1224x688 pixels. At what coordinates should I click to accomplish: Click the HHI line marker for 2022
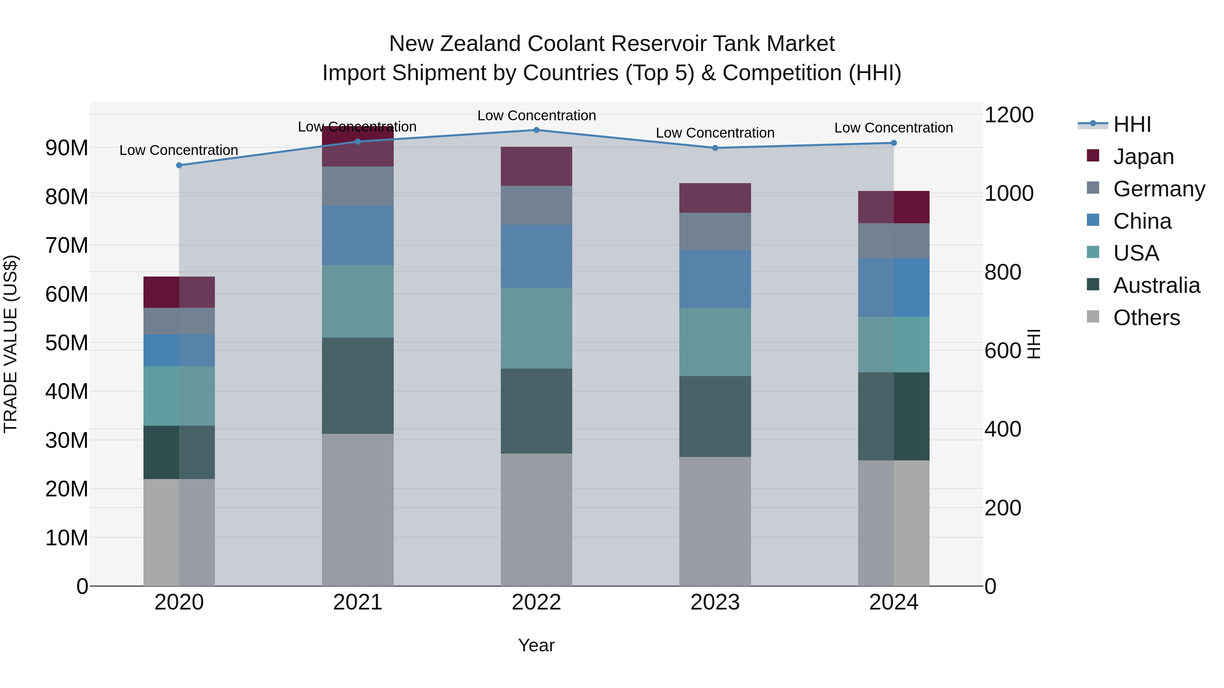pos(537,130)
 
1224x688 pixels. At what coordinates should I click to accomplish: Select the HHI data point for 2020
pos(179,165)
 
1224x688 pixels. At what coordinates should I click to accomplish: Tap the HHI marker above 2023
pos(715,148)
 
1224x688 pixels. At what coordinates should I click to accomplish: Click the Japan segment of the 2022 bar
pos(537,166)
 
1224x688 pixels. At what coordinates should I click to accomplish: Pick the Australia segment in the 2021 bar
pos(358,386)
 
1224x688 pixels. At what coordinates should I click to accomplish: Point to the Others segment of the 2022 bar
pos(537,519)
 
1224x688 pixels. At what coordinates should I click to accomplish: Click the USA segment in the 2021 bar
pos(358,301)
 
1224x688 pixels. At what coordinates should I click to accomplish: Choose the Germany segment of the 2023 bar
pos(715,231)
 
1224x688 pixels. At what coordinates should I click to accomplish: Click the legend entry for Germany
pos(1159,189)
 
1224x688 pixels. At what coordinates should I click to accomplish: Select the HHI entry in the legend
pos(1132,124)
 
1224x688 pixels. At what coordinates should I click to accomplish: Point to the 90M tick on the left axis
pos(67,148)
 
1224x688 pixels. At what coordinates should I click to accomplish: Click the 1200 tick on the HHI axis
pos(1009,115)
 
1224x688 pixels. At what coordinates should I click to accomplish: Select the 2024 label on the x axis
pos(893,602)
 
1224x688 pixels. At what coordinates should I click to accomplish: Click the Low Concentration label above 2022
pos(537,116)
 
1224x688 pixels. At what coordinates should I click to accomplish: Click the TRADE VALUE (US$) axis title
pos(11,344)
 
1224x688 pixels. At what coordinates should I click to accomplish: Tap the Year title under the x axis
pos(537,645)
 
